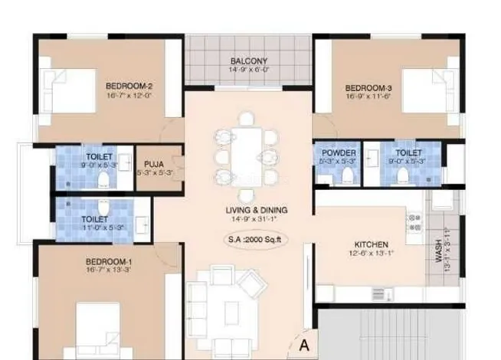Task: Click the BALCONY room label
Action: point(248,61)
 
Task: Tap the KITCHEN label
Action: point(371,244)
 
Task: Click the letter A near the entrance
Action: point(303,345)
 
